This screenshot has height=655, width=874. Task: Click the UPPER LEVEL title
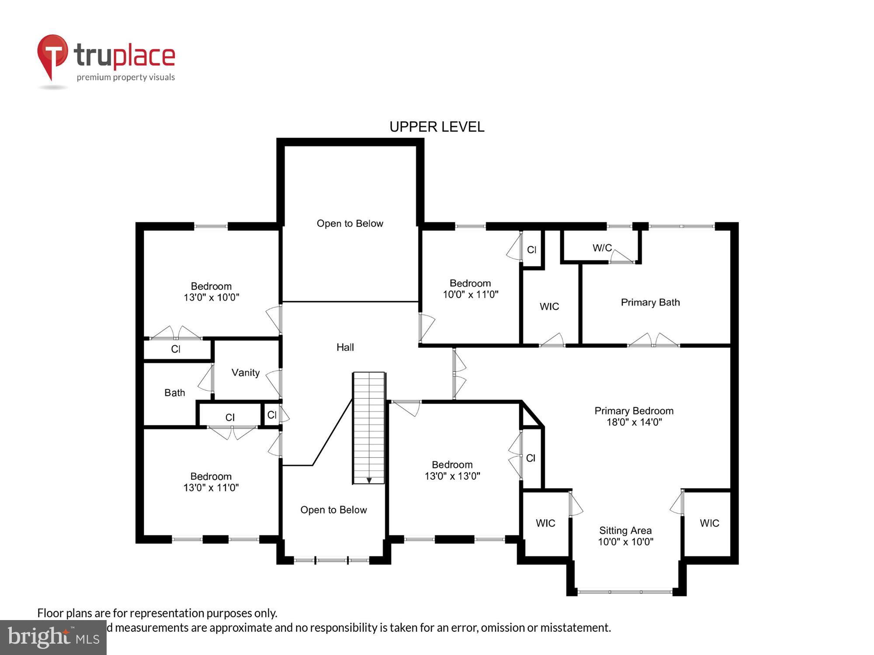click(x=437, y=127)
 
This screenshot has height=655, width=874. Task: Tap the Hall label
click(x=345, y=348)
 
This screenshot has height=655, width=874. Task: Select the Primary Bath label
click(x=650, y=303)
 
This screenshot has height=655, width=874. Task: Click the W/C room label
click(x=602, y=248)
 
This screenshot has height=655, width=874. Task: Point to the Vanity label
click(x=245, y=373)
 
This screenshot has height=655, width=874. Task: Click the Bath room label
click(x=174, y=393)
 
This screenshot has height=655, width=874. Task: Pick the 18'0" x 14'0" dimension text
click(x=634, y=422)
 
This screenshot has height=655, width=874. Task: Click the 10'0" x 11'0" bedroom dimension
click(x=470, y=295)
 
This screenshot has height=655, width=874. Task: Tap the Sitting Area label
click(x=625, y=531)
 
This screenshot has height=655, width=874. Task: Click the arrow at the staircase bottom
click(x=369, y=480)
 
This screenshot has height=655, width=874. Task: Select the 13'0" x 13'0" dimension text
click(x=452, y=476)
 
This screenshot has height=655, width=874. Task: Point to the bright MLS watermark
click(x=53, y=638)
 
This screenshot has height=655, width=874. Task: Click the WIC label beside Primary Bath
click(x=549, y=307)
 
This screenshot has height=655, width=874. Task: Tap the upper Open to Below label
click(x=350, y=224)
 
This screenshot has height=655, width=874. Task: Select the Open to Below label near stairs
click(x=333, y=510)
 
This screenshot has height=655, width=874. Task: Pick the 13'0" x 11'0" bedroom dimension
click(x=211, y=488)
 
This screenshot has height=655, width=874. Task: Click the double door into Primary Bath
click(x=653, y=341)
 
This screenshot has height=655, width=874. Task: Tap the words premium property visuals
click(x=125, y=78)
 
